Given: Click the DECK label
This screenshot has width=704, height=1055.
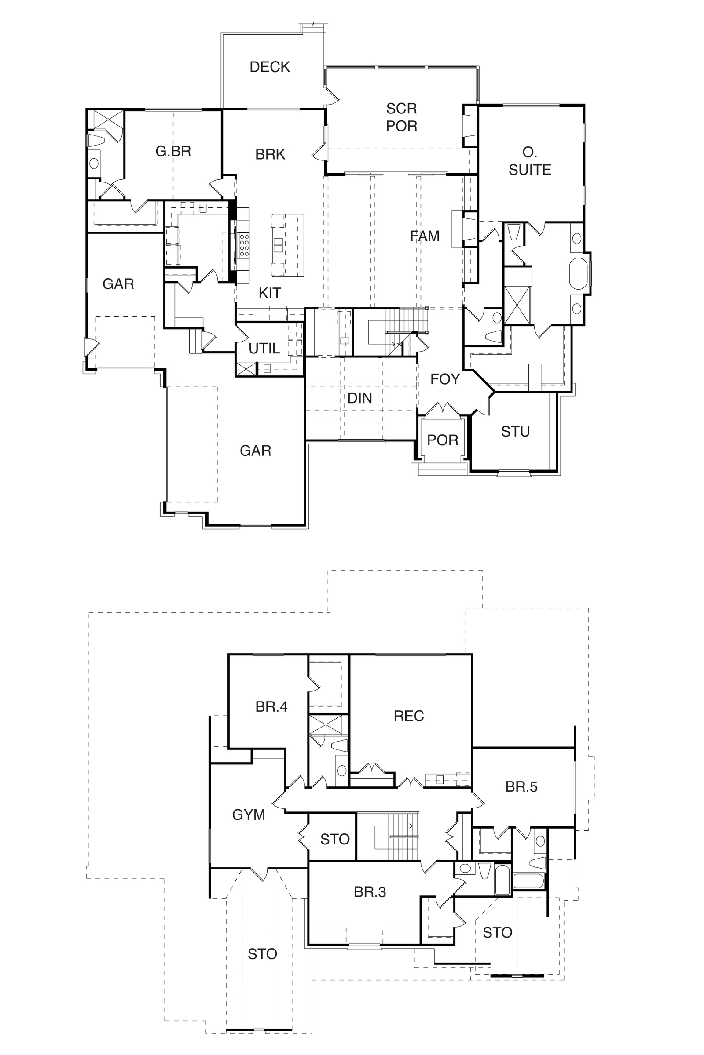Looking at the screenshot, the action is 269,67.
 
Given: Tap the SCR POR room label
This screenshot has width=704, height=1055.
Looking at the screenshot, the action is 401,117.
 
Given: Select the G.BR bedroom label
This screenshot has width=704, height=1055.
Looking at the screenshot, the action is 173,151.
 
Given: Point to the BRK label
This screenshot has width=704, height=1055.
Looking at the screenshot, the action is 270,154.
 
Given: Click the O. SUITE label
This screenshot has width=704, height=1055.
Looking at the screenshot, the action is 530,161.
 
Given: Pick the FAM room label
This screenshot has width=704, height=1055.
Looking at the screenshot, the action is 424,236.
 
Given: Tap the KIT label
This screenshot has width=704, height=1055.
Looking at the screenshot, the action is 269,293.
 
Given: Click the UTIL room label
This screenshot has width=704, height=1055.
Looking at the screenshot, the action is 264,348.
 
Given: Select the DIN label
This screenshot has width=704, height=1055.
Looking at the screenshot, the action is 359,398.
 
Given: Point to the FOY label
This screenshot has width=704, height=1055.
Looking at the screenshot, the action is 445,379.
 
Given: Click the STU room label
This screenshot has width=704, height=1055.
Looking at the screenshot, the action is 515,432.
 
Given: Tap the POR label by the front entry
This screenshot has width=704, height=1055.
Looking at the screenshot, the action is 442,440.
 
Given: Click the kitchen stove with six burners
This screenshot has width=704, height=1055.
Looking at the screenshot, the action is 244,245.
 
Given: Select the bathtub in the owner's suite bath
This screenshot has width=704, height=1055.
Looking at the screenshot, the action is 579,273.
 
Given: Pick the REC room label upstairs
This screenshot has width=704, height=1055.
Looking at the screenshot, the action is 409,716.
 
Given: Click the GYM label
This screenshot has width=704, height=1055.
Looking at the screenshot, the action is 248,815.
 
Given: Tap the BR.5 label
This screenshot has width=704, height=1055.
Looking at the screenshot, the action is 521,787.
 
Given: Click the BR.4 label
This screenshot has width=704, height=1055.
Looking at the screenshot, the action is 271,707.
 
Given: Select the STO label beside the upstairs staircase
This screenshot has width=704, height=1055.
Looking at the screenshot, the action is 335,839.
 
